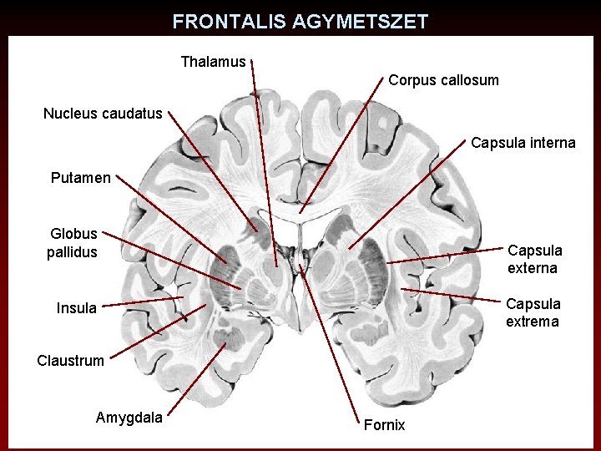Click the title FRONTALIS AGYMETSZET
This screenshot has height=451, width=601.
(x=300, y=22)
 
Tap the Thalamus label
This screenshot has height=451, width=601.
(x=213, y=62)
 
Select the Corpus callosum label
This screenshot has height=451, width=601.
(x=443, y=80)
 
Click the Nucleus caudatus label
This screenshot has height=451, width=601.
(x=103, y=113)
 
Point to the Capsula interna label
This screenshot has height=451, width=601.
(x=523, y=143)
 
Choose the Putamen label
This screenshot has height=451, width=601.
(x=80, y=177)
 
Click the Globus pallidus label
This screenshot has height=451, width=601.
(x=73, y=242)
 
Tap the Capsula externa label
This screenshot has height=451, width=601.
(x=534, y=259)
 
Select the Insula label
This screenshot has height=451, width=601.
(x=77, y=308)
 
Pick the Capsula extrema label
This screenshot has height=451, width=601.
(x=533, y=312)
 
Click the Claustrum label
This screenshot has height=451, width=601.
(x=71, y=361)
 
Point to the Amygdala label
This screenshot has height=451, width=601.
(x=129, y=417)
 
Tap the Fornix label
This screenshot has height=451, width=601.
(x=384, y=425)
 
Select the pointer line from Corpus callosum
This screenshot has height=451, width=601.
(x=342, y=142)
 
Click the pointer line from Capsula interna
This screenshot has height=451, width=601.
(x=409, y=194)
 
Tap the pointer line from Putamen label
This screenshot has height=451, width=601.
(x=171, y=219)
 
